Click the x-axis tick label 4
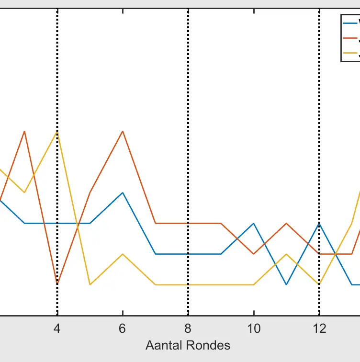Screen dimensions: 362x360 (57, 328)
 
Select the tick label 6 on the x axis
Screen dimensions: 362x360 (123, 328)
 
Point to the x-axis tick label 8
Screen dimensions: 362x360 (188, 328)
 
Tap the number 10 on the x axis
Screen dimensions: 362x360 (254, 328)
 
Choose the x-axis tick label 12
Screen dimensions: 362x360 (319, 328)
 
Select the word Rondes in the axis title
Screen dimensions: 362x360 (210, 345)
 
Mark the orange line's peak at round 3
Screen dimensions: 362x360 (24, 131)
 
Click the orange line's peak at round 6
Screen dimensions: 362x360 (123, 131)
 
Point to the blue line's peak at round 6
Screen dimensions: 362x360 (123, 193)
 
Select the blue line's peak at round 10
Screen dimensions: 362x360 (254, 224)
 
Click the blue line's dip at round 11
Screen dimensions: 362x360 (286, 284)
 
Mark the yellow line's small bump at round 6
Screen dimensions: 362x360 (123, 254)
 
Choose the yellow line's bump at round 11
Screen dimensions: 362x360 (286, 254)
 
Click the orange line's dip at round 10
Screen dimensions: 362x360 (254, 254)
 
